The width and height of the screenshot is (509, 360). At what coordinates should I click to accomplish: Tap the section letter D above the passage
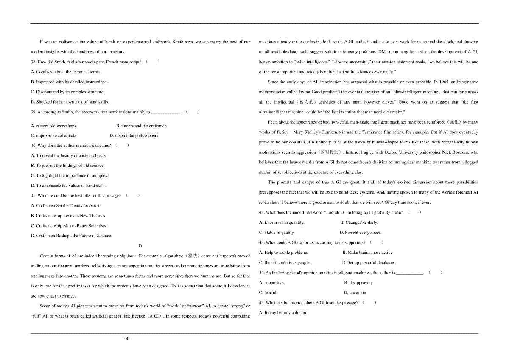click(140, 246)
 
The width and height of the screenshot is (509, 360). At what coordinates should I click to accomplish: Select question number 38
click(34, 62)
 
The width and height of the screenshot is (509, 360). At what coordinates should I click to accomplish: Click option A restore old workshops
click(53, 126)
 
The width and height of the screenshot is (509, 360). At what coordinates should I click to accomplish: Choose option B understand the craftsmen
click(141, 126)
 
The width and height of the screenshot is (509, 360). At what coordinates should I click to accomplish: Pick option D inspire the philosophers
click(134, 135)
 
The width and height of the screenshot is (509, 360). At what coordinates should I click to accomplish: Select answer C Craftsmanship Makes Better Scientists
click(68, 226)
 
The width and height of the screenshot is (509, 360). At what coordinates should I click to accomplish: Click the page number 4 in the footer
click(127, 338)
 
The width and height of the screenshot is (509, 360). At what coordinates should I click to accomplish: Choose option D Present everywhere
click(361, 232)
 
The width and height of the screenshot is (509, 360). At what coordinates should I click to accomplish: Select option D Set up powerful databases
click(369, 262)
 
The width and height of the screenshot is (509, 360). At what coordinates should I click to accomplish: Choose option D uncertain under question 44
click(355, 292)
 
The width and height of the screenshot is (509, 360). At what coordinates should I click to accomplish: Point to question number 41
click(34, 196)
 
